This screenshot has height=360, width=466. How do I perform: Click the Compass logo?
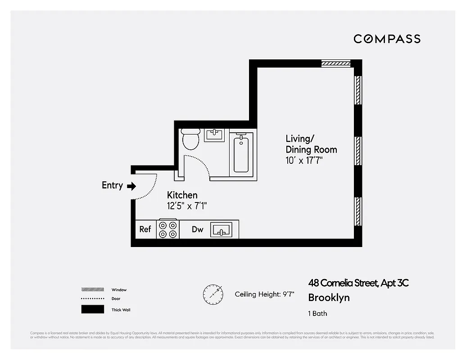387,39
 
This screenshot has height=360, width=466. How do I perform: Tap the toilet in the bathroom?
191,139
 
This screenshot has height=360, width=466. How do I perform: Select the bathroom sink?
214,135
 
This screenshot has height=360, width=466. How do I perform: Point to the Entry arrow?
131,186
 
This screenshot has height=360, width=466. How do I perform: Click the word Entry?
112,185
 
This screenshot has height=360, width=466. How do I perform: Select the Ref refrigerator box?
145,229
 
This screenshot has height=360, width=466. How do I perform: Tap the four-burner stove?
167,229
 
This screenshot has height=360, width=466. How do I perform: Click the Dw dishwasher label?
197,229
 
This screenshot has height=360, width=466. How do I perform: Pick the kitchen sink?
221,229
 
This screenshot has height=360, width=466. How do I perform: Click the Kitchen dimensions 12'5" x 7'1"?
187,206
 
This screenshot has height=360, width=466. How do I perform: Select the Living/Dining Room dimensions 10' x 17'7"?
305,161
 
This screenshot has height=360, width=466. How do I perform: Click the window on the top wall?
336,64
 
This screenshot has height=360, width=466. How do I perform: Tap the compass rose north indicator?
213,294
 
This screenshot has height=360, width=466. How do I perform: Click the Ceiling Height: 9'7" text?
265,294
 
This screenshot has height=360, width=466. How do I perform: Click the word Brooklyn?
329,297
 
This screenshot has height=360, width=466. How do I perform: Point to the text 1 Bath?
317,313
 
